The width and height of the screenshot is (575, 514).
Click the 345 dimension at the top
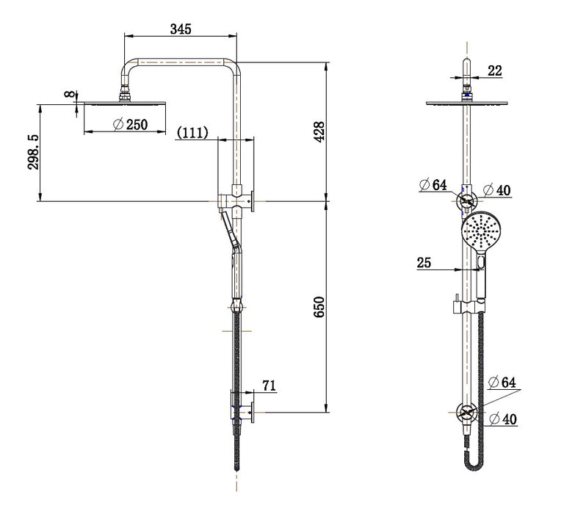coord(181,29)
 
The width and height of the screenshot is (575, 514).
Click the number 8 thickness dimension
coord(69,95)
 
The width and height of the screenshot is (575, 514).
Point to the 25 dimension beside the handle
coord(424,262)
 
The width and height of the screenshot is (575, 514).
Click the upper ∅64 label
coord(433,185)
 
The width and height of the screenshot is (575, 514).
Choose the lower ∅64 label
coord(504,382)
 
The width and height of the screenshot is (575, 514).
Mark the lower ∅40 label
coord(504,419)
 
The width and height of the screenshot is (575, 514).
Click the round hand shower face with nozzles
coord(481,231)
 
